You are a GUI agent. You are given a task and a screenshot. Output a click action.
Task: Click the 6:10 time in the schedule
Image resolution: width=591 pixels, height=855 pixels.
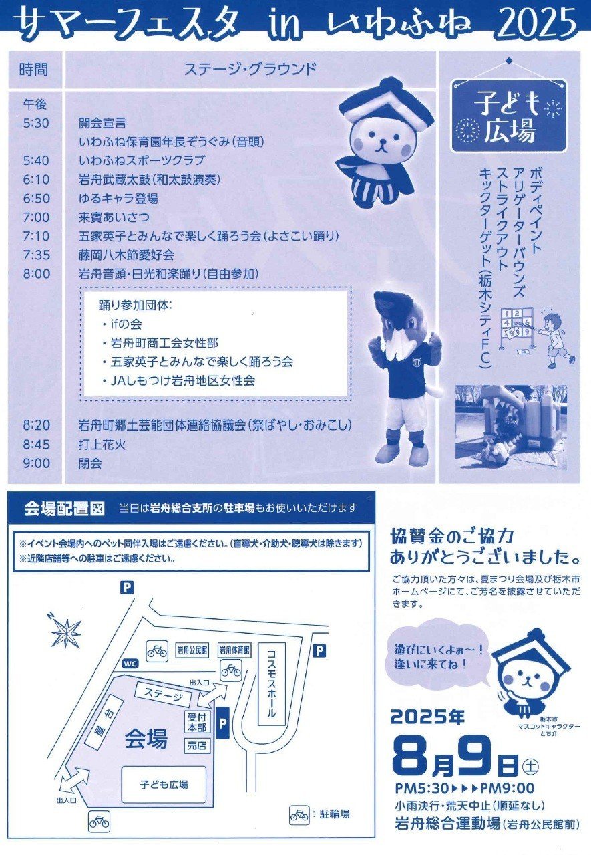36,179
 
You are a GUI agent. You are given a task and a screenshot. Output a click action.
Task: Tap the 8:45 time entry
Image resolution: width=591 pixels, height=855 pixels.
36,445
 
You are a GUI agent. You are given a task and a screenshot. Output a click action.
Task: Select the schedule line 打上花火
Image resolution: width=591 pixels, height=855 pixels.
102,445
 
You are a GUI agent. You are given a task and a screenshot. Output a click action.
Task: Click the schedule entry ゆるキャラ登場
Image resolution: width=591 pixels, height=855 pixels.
118,199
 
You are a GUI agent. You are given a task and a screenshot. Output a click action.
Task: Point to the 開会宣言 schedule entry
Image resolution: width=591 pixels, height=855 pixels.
102,123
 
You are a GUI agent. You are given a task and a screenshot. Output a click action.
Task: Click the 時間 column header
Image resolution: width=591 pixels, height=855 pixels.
33,70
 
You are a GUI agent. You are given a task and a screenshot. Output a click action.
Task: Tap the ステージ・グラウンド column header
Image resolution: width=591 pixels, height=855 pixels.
250,69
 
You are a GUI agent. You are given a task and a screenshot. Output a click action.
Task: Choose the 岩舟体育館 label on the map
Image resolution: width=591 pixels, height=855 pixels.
234,649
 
